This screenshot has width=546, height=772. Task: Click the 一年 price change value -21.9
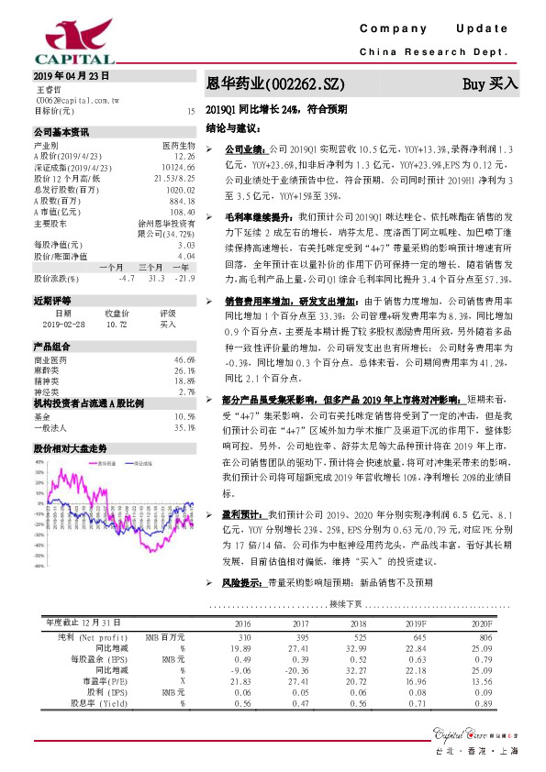[x=185, y=277]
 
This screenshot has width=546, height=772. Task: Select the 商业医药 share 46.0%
[x=184, y=359]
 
